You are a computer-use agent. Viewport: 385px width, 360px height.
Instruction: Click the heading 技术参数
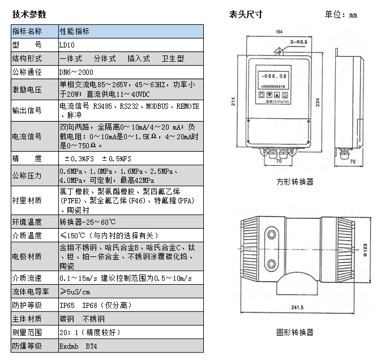(x=29, y=14)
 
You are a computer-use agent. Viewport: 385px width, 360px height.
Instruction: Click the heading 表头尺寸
(x=245, y=14)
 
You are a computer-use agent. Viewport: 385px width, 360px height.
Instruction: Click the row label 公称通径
(x=27, y=73)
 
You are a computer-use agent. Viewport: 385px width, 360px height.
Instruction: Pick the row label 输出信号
(x=27, y=110)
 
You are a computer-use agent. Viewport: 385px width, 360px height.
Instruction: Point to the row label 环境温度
(x=27, y=222)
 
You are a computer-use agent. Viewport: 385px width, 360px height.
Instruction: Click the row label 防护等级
(x=27, y=306)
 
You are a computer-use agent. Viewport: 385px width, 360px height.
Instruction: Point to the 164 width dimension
(x=279, y=32)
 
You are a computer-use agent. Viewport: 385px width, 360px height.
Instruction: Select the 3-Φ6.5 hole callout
(x=297, y=42)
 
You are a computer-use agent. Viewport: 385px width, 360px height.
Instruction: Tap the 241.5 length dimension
(x=298, y=308)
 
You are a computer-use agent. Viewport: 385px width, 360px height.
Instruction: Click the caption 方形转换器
(x=294, y=182)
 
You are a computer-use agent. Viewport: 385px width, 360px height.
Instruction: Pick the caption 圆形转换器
(x=294, y=332)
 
